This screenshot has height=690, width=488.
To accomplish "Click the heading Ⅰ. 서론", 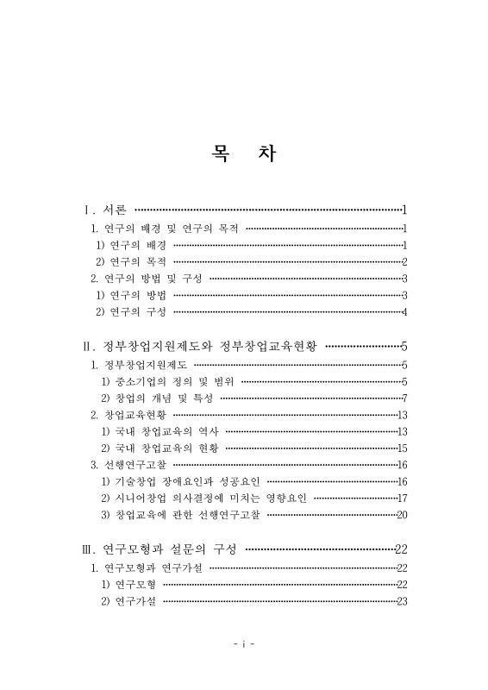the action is tap(104, 210).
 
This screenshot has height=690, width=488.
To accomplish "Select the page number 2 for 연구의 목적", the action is tap(404, 262).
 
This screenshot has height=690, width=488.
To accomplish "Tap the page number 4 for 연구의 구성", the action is tap(404, 312).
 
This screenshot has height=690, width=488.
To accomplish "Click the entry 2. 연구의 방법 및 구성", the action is tap(147, 279).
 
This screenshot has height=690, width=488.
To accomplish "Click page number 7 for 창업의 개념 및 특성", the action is tap(404, 398).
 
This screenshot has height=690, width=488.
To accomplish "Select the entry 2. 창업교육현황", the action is tap(130, 415).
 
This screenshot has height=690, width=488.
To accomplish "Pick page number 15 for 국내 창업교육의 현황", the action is tap(402, 448).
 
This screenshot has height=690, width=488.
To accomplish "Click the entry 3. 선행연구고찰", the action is tap(130, 465).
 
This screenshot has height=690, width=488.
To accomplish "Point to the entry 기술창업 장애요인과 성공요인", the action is tap(180, 481).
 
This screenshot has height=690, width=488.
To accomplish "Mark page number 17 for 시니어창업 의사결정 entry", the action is tap(402, 499).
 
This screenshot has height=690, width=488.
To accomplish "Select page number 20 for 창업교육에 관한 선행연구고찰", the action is tap(402, 515).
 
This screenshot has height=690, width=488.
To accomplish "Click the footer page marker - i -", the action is tap(244, 644).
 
